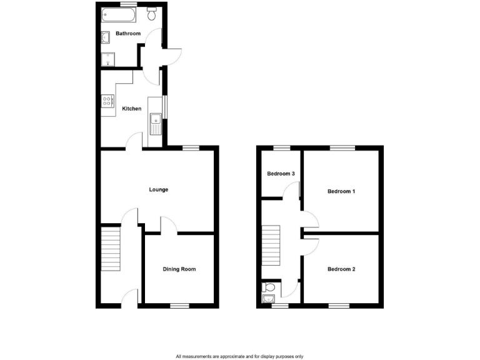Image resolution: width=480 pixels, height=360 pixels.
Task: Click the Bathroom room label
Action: (127, 34)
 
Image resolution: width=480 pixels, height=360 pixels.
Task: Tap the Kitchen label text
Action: (131, 109)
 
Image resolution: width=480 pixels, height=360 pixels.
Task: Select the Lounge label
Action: (158, 189)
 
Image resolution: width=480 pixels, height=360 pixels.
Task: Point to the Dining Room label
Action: (179, 269)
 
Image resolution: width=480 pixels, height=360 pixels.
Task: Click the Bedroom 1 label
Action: (341, 191)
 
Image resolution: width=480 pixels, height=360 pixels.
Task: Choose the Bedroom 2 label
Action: (341, 269)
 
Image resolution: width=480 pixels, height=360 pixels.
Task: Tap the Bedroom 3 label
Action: (281, 174)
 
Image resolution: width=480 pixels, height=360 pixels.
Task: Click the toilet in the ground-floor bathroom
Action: (152, 13)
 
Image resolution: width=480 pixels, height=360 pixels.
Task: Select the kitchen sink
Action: (154, 122)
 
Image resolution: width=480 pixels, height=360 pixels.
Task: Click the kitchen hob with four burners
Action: (107, 100)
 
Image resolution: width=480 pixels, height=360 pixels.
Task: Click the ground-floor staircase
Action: (110, 248)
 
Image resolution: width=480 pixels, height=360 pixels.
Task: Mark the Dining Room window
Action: (180, 306)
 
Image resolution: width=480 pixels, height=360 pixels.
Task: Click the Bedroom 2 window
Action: (339, 306)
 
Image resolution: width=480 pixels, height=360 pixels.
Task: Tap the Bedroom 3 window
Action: (282, 147)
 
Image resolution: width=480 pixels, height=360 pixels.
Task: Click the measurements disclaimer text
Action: (239, 356)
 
